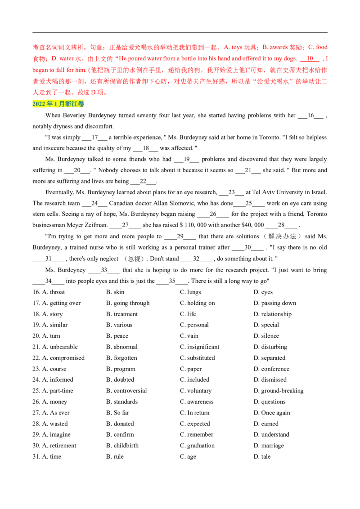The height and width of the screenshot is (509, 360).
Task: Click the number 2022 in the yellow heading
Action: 39,104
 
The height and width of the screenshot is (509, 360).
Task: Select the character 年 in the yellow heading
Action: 49,104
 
